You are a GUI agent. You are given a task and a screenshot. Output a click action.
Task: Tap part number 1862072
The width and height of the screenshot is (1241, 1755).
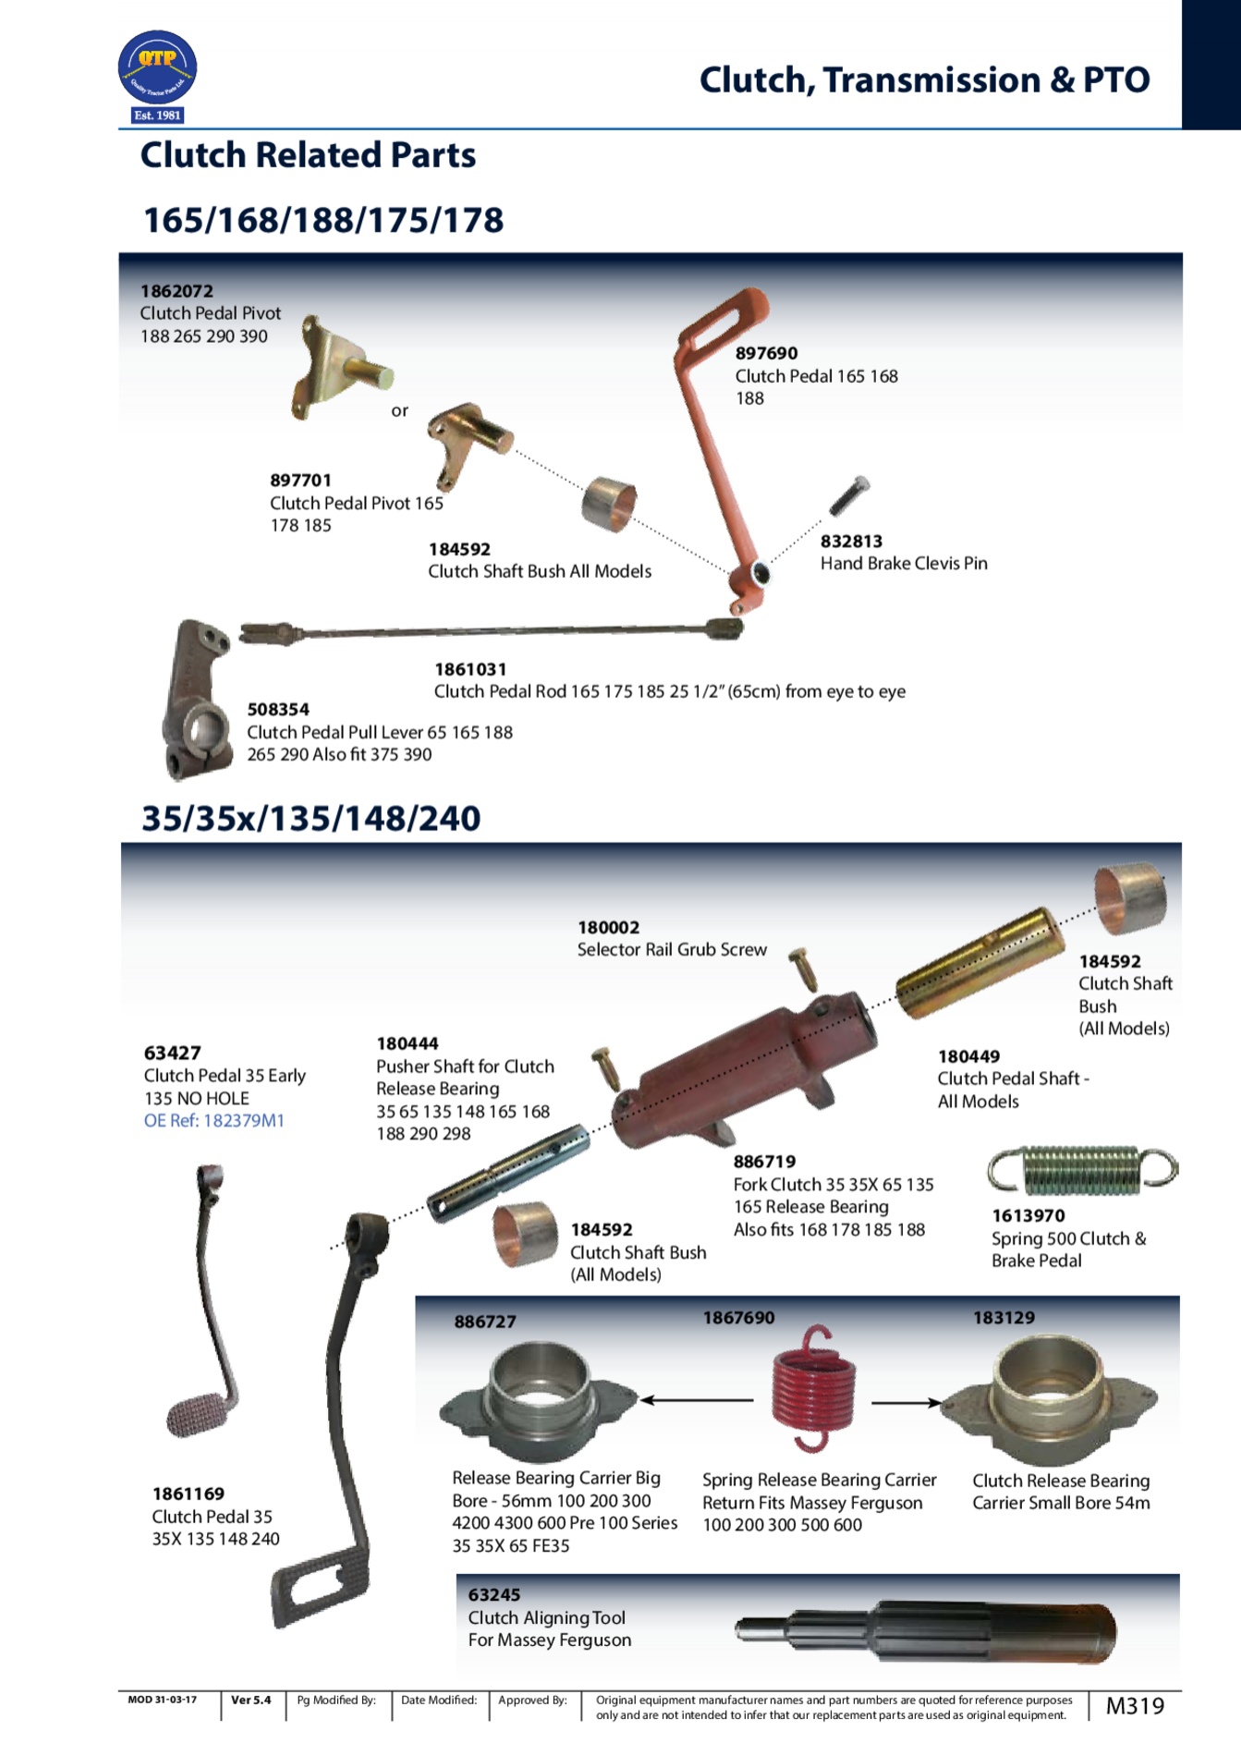click(176, 291)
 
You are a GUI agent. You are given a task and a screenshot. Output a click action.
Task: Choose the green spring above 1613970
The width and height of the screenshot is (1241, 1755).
click(1082, 1169)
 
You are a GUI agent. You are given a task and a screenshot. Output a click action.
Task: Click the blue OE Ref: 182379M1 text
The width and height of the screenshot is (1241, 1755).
click(214, 1121)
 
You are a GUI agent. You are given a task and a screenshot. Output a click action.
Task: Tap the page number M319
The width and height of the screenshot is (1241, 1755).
click(1135, 1706)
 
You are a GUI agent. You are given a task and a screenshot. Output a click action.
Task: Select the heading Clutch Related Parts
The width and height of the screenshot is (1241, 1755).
click(308, 155)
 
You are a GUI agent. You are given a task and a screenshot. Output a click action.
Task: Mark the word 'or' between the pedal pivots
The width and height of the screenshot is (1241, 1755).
click(399, 410)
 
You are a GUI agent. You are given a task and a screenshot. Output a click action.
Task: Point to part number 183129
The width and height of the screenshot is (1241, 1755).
click(1004, 1318)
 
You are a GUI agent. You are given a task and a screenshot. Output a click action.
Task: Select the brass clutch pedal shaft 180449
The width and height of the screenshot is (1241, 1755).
click(979, 963)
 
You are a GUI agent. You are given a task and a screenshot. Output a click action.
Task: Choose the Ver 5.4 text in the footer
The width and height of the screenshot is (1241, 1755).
click(251, 1700)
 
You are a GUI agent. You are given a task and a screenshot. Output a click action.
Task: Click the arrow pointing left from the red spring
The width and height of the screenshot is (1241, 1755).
click(698, 1400)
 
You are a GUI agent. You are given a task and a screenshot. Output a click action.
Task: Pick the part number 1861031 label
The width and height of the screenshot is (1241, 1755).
click(470, 669)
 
